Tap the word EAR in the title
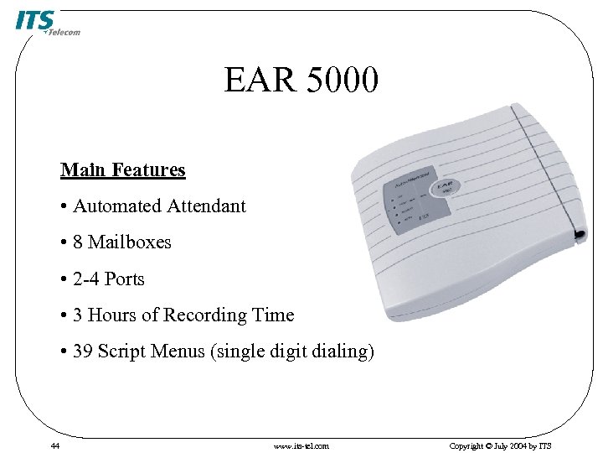coord(260,81)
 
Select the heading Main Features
coord(122,170)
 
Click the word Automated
coord(117,206)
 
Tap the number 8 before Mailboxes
coord(78,242)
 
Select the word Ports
coord(124,279)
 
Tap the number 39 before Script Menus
coord(83,351)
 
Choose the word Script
coord(121,351)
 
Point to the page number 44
coord(54,445)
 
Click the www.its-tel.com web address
coord(301,445)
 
